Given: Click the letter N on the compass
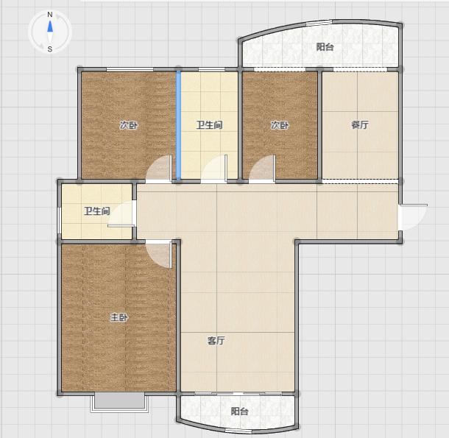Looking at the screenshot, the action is [x=50, y=14].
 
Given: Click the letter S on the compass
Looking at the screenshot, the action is [x=50, y=49].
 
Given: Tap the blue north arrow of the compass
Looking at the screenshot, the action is [x=50, y=26].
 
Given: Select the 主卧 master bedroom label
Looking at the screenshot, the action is [x=119, y=317].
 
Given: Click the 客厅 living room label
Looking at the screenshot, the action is [x=216, y=340].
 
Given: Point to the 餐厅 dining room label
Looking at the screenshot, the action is [x=360, y=124].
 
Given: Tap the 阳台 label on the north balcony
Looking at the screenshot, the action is [x=325, y=46].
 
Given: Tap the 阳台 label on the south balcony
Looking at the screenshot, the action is [x=240, y=411].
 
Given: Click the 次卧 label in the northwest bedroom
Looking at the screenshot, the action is [x=129, y=125].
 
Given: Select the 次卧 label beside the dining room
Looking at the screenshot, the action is [x=280, y=125].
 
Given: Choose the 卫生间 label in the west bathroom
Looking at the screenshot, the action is [x=97, y=211].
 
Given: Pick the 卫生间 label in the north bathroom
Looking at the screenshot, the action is [x=209, y=125].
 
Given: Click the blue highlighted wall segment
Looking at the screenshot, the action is [x=178, y=125].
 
